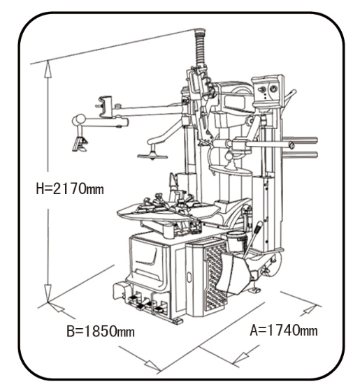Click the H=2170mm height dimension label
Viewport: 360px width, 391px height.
pyautogui.click(x=70, y=189)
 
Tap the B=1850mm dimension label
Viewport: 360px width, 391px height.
pyautogui.click(x=101, y=332)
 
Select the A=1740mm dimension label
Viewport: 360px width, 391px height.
pyautogui.click(x=284, y=330)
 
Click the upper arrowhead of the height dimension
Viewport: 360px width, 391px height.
pyautogui.click(x=48, y=71)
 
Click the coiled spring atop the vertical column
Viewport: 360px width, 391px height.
pyautogui.click(x=200, y=49)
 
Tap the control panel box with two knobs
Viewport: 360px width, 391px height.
pyautogui.click(x=267, y=89)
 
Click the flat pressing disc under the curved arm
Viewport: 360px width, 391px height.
pyautogui.click(x=152, y=156)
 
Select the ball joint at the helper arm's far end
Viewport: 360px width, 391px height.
pyautogui.click(x=80, y=119)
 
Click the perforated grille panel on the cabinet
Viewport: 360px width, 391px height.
pyautogui.click(x=215, y=276)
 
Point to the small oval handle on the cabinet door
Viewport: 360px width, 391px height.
pyautogui.click(x=189, y=277)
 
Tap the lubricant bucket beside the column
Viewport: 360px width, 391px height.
pyautogui.click(x=236, y=241)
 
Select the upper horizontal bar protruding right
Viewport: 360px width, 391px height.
pyautogui.click(x=301, y=140)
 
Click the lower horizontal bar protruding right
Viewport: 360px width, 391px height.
pyautogui.click(x=301, y=155)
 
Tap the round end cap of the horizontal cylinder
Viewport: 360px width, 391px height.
pyautogui.click(x=291, y=145)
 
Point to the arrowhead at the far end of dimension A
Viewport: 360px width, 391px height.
pyautogui.click(x=309, y=310)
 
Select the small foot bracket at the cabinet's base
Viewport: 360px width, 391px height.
pyautogui.click(x=178, y=321)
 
